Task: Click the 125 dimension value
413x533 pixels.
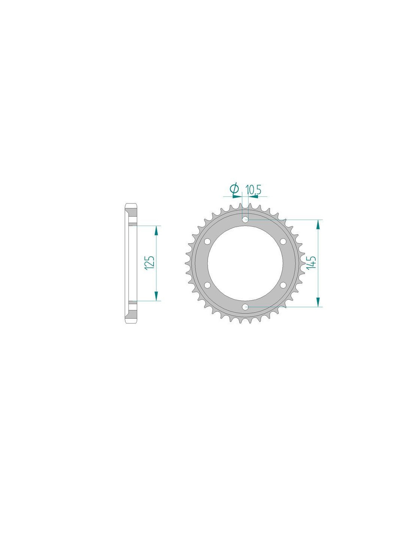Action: (150, 263)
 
